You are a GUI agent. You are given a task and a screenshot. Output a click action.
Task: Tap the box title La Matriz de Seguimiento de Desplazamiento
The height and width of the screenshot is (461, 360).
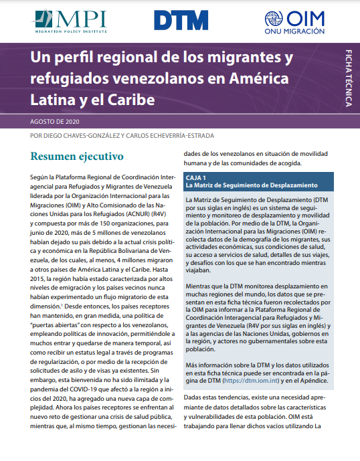(x=252, y=185)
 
